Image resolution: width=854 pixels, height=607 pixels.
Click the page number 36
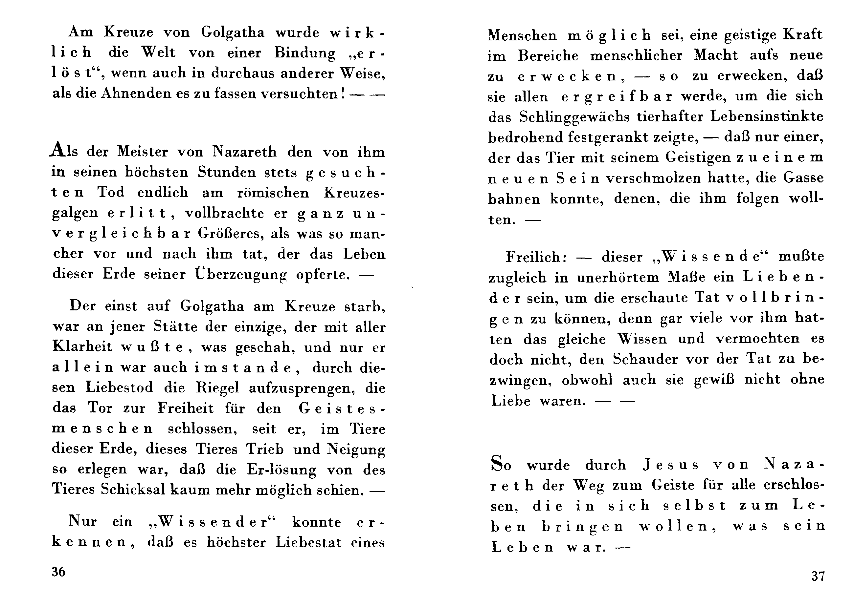59,572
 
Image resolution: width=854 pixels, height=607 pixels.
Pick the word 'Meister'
143,152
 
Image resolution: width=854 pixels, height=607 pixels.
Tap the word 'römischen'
273,193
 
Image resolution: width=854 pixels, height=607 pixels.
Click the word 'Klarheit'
82,346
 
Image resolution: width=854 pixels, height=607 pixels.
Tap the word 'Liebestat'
309,542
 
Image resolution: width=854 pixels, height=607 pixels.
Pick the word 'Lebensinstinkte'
767,116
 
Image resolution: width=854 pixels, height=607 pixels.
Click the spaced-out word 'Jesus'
670,465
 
